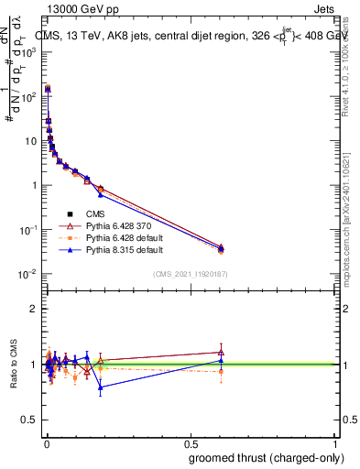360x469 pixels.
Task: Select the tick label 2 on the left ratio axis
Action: click(x=33, y=309)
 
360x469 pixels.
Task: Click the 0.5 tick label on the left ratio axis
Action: click(x=28, y=420)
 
